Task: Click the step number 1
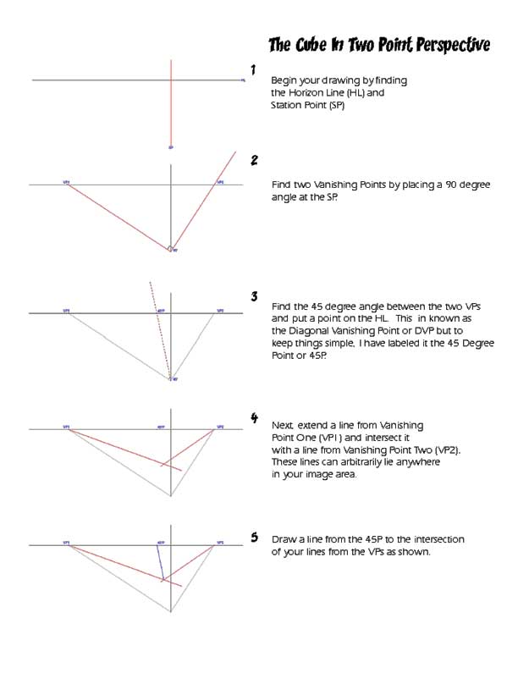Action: pyautogui.click(x=253, y=69)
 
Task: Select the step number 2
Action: pyautogui.click(x=254, y=159)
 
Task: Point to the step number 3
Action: pyautogui.click(x=254, y=296)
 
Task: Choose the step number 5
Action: pyautogui.click(x=254, y=537)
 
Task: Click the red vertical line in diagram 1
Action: pyautogui.click(x=172, y=102)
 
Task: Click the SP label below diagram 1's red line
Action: pyautogui.click(x=172, y=147)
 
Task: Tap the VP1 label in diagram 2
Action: pyautogui.click(x=66, y=181)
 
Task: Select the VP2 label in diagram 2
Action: pyautogui.click(x=220, y=181)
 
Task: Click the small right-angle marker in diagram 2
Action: pyautogui.click(x=170, y=248)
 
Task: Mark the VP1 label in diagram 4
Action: pyautogui.click(x=66, y=427)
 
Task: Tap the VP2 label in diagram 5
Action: pyautogui.click(x=220, y=542)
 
